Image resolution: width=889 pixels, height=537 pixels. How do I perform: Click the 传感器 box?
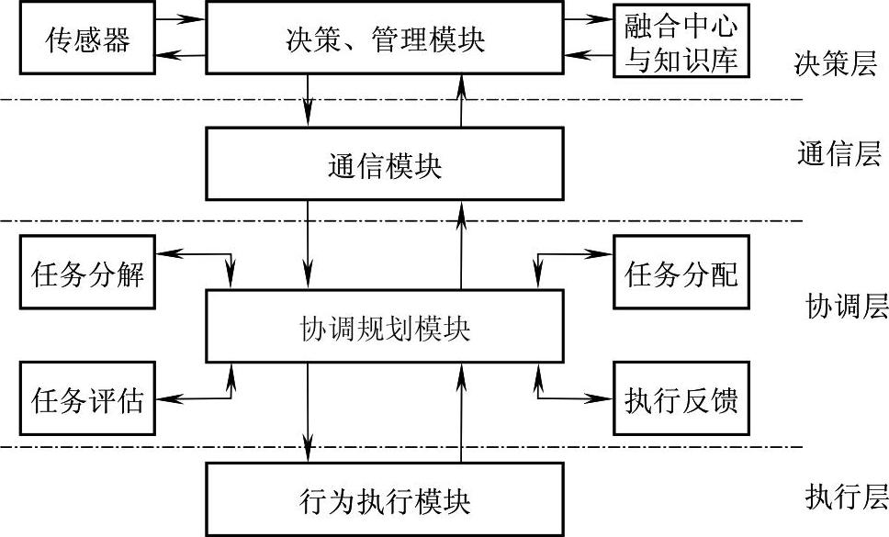[x=87, y=39]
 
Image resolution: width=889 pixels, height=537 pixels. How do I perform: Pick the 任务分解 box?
[x=87, y=274]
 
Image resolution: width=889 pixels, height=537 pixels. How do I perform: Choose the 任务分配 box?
[x=681, y=274]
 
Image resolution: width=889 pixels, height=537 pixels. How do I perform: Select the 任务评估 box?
[x=87, y=398]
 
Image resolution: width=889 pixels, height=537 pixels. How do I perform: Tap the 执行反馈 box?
[x=681, y=398]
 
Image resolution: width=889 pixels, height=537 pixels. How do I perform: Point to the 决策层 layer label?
[x=836, y=64]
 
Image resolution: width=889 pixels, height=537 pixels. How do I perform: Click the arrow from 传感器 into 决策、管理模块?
[x=180, y=17]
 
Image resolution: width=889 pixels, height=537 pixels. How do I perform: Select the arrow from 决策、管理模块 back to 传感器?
[x=180, y=58]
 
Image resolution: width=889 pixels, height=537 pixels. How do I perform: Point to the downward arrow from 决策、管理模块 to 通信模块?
[x=309, y=100]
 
